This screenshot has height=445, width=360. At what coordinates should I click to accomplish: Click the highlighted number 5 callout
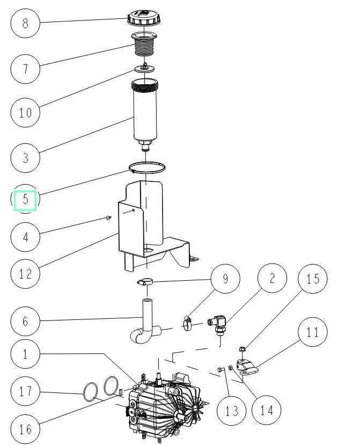(x=25, y=201)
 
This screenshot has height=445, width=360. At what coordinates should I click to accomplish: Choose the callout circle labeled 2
(x=272, y=279)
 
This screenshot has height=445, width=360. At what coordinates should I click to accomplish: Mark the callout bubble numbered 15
(x=312, y=279)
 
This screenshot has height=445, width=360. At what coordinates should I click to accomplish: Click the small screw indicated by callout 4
(x=108, y=218)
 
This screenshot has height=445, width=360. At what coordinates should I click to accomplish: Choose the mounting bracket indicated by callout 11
(x=247, y=367)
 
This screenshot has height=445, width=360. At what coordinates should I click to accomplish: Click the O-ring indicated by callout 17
(x=90, y=391)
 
